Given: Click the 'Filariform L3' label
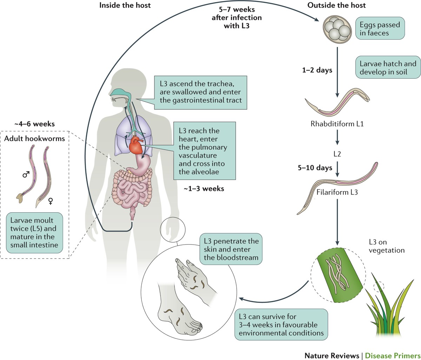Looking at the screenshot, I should [x=337, y=192].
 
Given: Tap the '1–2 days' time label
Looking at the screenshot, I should [x=317, y=70].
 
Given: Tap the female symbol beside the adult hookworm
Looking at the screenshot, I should [x=51, y=201].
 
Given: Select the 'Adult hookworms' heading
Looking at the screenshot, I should [x=34, y=138].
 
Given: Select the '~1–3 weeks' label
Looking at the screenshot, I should [x=203, y=188].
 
